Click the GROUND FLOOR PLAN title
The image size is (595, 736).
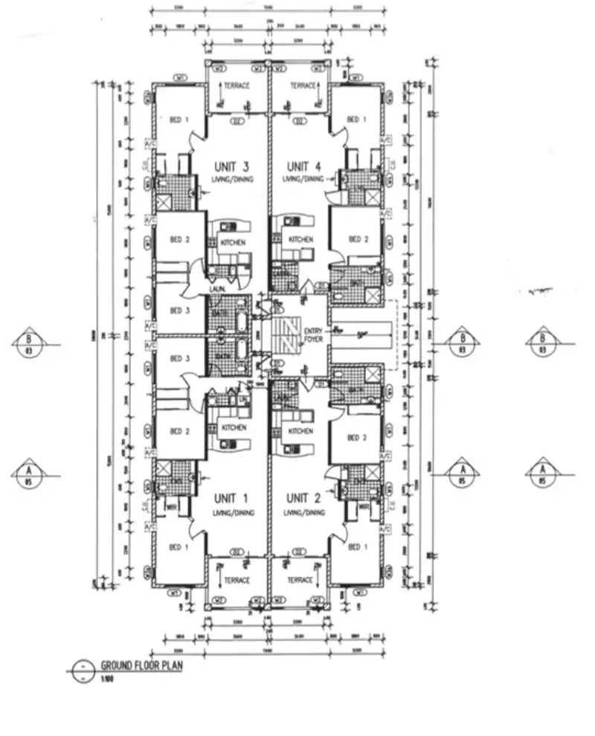click(x=141, y=665)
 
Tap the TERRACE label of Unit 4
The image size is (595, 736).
click(x=303, y=86)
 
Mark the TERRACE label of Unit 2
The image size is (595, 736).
click(x=300, y=580)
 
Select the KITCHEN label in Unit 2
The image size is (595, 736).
click(x=300, y=431)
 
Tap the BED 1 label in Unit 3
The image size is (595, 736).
click(x=176, y=120)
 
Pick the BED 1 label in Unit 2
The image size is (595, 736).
click(x=357, y=547)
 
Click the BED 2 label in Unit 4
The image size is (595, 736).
click(x=358, y=239)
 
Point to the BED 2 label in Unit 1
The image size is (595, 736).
click(x=176, y=431)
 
